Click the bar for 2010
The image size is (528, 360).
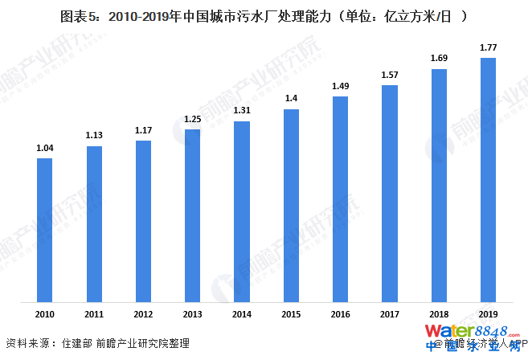(45, 231)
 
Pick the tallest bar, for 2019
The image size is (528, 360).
(488, 180)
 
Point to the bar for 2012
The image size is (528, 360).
(143, 222)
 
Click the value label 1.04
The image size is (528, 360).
(45, 148)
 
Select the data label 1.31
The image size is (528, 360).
(242, 111)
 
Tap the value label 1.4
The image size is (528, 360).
(291, 99)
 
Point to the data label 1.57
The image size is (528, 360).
(390, 75)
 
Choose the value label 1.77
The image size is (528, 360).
(488, 47)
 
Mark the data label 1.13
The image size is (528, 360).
(94, 135)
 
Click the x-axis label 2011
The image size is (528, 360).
(94, 313)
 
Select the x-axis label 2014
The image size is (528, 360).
(242, 313)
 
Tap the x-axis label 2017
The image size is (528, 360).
(390, 313)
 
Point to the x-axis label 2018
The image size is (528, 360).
(439, 313)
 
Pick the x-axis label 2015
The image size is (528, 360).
(291, 313)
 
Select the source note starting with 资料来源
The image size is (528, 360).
(97, 343)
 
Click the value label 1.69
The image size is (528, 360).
(439, 58)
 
